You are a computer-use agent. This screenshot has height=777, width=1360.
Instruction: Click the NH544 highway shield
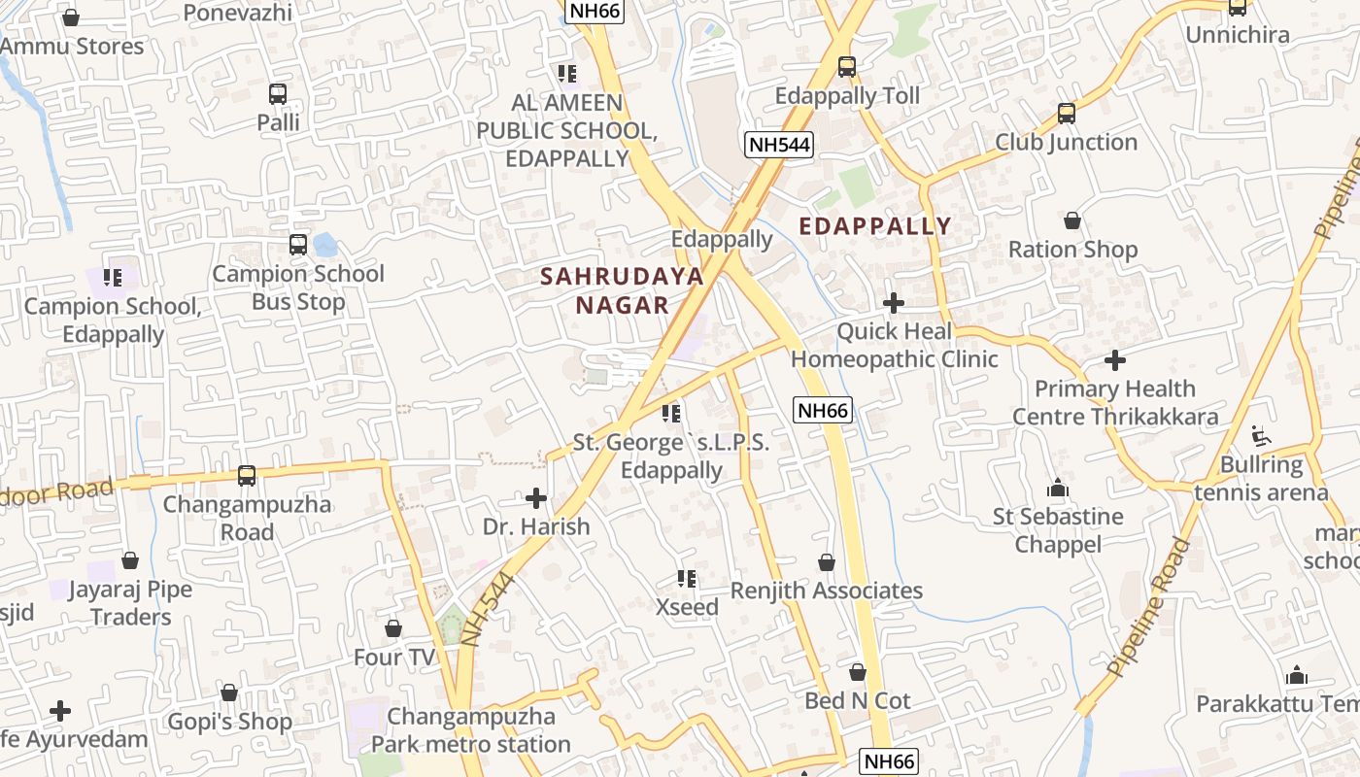(x=779, y=146)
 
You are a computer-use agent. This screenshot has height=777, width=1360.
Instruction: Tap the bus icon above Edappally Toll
(x=847, y=67)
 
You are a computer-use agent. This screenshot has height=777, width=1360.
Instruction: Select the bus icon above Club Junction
(x=1067, y=114)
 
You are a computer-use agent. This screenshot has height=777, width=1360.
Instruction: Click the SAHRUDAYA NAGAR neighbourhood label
(x=622, y=290)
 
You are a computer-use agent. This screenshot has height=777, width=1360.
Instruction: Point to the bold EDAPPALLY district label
(x=874, y=226)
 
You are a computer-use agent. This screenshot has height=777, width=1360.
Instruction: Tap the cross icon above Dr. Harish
(x=535, y=499)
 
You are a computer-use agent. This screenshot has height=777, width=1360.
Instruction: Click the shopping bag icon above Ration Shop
(x=1072, y=221)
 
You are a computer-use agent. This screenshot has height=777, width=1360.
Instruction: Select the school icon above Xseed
(x=687, y=580)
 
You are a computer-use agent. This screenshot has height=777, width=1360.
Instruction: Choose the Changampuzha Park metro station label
(x=471, y=730)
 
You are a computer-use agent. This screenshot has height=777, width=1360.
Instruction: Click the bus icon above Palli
(x=278, y=94)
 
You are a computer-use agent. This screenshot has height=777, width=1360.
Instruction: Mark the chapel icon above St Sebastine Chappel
(x=1057, y=489)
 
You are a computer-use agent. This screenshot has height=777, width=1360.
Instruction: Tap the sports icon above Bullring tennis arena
(x=1261, y=436)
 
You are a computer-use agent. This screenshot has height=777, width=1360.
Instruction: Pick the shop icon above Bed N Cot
(x=858, y=672)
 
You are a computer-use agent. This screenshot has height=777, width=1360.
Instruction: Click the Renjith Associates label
(x=826, y=591)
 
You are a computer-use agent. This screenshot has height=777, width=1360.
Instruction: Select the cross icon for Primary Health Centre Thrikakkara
(x=1115, y=361)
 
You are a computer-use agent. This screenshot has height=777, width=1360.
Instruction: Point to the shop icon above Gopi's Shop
(x=229, y=693)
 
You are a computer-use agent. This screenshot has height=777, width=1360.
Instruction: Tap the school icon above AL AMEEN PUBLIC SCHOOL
(x=567, y=74)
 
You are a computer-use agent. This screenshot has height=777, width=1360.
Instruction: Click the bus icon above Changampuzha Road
(x=247, y=476)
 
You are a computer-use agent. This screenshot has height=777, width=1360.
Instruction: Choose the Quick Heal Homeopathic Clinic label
(x=894, y=345)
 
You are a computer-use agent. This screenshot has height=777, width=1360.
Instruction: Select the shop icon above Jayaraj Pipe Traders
(x=130, y=561)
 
